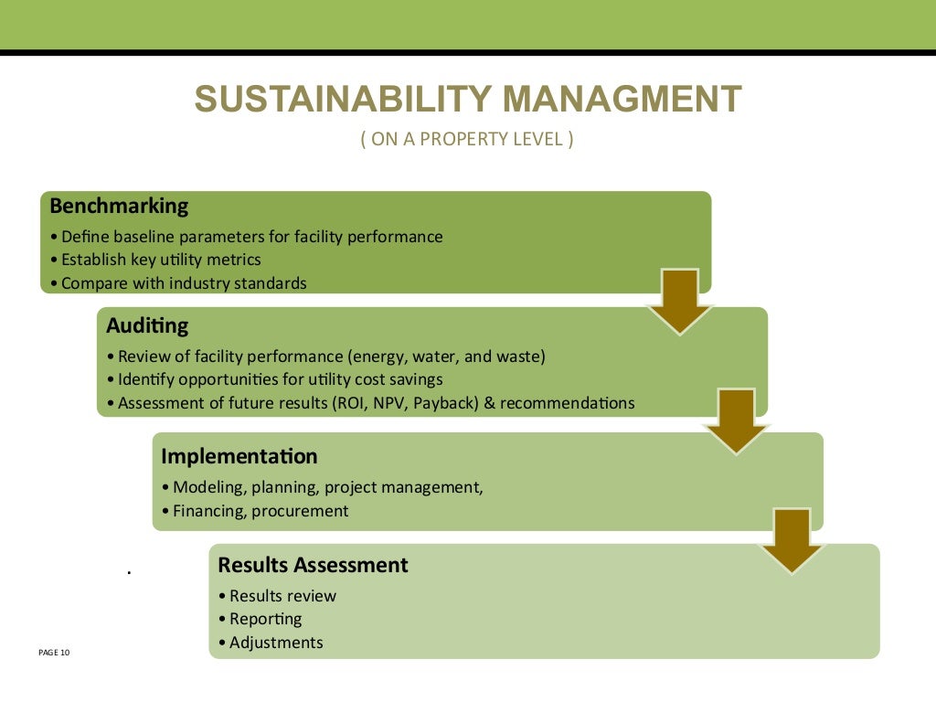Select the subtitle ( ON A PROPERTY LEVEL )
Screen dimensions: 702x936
tap(467, 140)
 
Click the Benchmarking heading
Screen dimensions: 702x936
tap(119, 206)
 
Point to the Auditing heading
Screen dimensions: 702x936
tap(147, 325)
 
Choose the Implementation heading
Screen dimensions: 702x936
tap(239, 456)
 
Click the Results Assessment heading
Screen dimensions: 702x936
tap(313, 565)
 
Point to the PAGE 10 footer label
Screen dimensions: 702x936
tap(54, 653)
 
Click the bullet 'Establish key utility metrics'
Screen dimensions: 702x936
tap(161, 260)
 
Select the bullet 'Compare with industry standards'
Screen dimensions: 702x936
tap(184, 283)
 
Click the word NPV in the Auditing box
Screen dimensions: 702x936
tap(381, 403)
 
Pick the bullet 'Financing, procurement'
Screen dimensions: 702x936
tap(261, 511)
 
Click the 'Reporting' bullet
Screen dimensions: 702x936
tap(265, 619)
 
